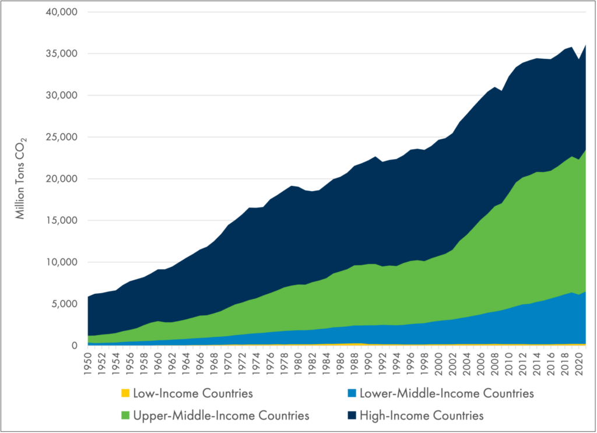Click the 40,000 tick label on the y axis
(61, 12)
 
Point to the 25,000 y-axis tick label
(61, 137)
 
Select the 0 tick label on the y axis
(75, 346)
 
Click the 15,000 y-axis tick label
(61, 220)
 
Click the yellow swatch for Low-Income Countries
(125, 393)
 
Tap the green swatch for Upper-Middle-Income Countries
(125, 416)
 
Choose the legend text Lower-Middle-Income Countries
(446, 393)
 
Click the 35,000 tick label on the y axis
(61, 54)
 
